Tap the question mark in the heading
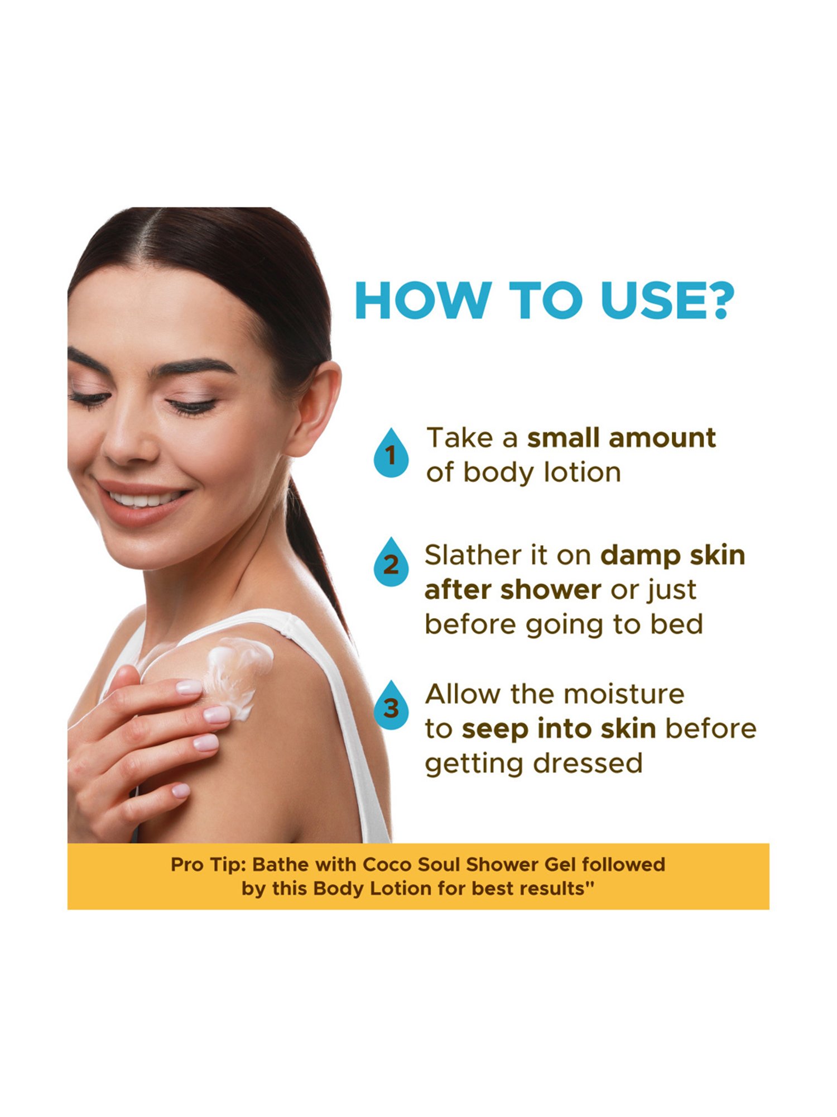[717, 300]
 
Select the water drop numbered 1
[391, 452]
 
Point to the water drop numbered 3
[391, 705]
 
